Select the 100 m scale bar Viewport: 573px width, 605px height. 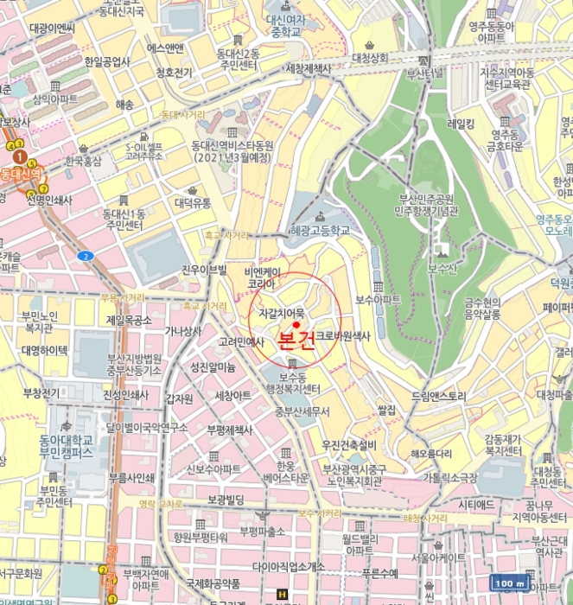pyautogui.click(x=508, y=583)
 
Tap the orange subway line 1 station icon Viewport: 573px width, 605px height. pyautogui.click(x=18, y=156)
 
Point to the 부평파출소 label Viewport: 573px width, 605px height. pyautogui.click(x=263, y=531)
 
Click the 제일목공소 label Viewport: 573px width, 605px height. pyautogui.click(x=129, y=320)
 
